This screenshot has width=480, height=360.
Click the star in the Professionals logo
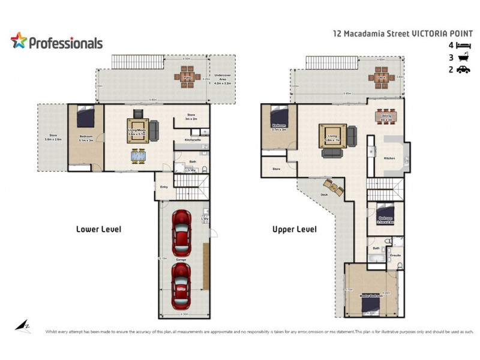tap(19, 41)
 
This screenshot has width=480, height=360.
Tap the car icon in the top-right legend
tap(463, 70)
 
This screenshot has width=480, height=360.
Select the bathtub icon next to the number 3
tap(463, 58)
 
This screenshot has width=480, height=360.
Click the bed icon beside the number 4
tap(463, 46)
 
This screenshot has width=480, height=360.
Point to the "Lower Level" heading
tap(99, 229)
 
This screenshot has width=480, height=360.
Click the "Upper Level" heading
tap(295, 229)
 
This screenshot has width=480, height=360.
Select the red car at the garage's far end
tap(182, 284)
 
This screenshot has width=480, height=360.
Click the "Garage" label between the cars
tap(181, 259)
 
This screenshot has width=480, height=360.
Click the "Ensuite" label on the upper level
tap(395, 256)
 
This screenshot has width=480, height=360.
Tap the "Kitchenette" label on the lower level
tap(192, 140)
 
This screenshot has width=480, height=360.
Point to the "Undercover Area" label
tap(222, 80)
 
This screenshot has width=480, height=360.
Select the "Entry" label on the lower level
tap(164, 187)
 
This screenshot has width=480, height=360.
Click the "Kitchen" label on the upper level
tap(389, 158)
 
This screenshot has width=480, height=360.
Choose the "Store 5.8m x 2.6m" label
tap(53, 137)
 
